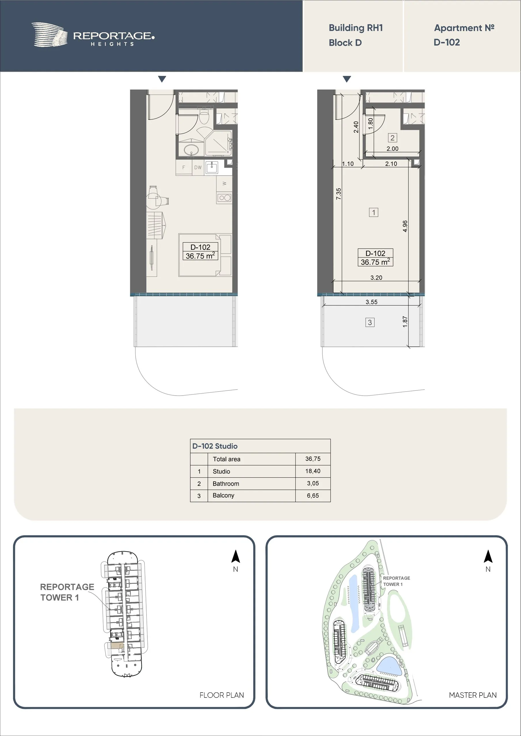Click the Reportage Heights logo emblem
tap(50, 34)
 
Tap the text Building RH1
tap(356, 28)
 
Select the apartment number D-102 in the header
tap(446, 42)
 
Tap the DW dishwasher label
tap(198, 167)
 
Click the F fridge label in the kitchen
tap(184, 167)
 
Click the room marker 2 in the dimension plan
tap(392, 138)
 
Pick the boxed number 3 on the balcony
tap(370, 322)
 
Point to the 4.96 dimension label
tap(405, 226)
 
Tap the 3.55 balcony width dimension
tap(371, 302)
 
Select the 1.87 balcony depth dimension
tap(405, 322)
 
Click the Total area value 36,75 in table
tap(313, 459)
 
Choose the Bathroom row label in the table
tap(226, 483)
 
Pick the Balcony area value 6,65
tap(313, 496)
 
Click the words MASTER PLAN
tap(473, 695)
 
